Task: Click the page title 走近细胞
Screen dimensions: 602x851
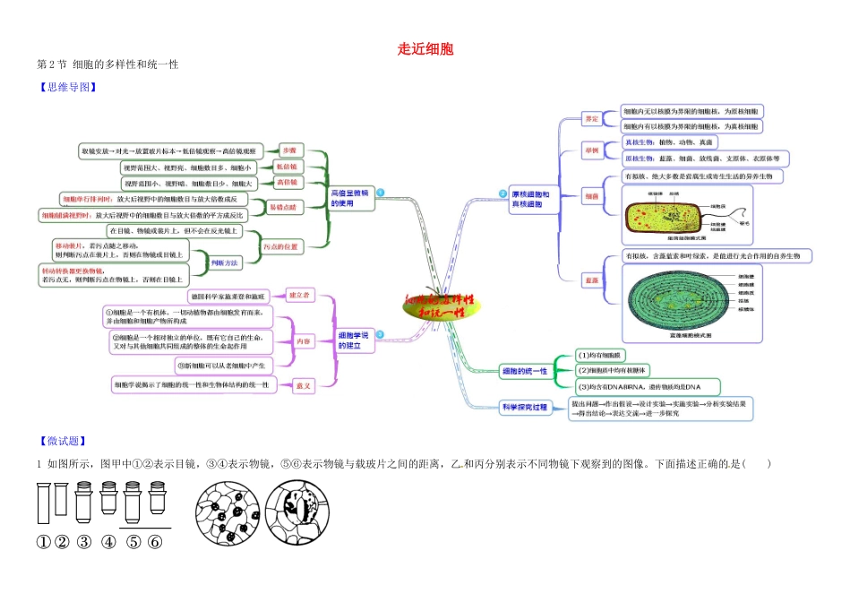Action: click(425, 48)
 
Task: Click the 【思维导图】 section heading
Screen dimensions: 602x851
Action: click(66, 88)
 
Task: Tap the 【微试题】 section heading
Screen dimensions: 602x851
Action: click(61, 441)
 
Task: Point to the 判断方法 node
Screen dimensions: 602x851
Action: click(223, 262)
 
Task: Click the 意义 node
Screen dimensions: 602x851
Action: click(304, 385)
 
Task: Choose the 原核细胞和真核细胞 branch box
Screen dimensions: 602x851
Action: click(537, 199)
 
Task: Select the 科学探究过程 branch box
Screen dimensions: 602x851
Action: click(524, 407)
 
